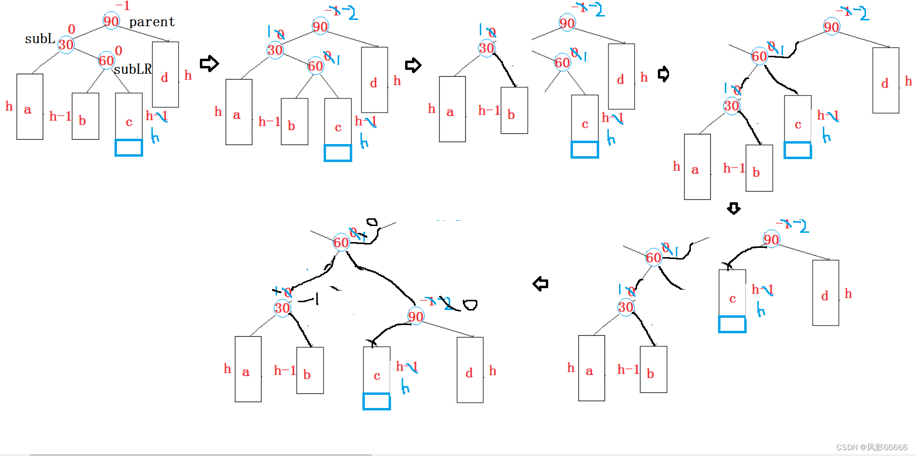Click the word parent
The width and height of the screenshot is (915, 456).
pos(151,22)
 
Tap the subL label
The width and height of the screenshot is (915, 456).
pos(40,39)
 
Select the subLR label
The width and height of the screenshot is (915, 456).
pos(132,69)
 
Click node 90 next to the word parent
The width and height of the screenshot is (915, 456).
pos(111,21)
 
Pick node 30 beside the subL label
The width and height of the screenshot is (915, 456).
pos(66,45)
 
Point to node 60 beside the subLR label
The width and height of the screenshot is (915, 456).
pos(106,61)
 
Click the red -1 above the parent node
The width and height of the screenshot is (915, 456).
pos(123,6)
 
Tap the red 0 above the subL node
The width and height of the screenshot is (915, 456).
pos(72,30)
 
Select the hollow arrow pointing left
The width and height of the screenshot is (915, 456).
pos(540,284)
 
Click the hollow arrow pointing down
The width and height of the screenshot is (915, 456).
pos(734,209)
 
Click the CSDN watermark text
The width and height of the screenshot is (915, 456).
pos(872,447)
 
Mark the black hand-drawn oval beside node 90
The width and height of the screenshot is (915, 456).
pos(470,305)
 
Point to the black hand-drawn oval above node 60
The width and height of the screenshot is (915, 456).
pos(372,222)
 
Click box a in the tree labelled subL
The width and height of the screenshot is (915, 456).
pos(30,107)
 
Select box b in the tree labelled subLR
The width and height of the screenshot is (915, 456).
pos(85,116)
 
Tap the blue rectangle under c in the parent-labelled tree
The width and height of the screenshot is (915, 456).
pos(129,147)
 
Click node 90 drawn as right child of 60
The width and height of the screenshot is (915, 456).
pos(416,317)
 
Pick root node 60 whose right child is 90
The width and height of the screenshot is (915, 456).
pos(341,243)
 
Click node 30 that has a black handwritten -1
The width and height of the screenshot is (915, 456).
pos(282,308)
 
